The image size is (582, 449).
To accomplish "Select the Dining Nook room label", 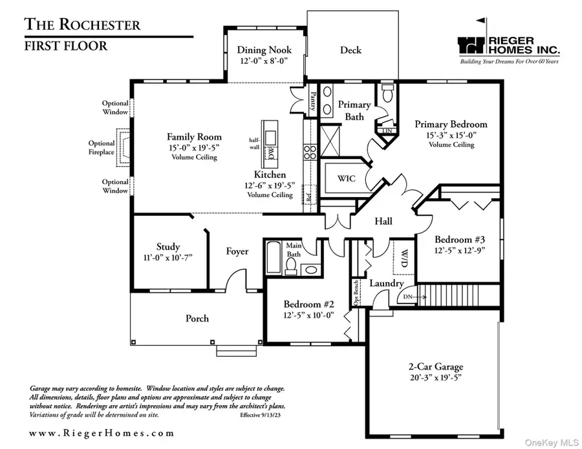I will (x=264, y=50).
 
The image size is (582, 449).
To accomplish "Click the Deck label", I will (x=350, y=50).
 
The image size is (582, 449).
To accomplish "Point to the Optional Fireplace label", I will (x=102, y=148).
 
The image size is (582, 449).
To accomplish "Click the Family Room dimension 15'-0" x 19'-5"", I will (x=194, y=147).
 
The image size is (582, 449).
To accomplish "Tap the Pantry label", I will (x=313, y=101).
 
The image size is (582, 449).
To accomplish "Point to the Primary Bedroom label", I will (x=451, y=124).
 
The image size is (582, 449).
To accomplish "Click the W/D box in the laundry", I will (x=404, y=258).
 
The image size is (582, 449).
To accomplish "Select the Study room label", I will (x=168, y=247).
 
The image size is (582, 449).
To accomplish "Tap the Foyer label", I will (x=237, y=251).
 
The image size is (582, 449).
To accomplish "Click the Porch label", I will (x=197, y=318).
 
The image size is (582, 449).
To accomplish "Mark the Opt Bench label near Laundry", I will (x=356, y=292).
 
